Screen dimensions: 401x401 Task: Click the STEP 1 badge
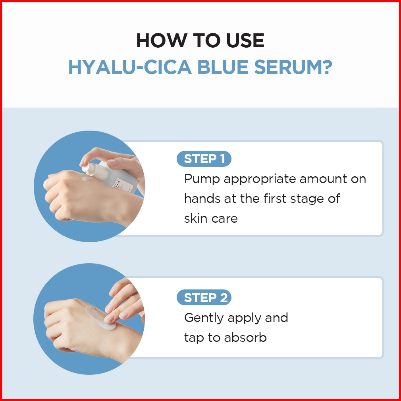pos(204,159)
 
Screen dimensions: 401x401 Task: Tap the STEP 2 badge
pos(204,297)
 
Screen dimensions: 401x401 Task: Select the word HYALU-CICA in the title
pos(130,67)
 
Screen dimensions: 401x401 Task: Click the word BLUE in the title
pos(223,67)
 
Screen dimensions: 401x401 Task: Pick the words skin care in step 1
pos(211,218)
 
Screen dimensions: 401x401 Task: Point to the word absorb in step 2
pos(245,337)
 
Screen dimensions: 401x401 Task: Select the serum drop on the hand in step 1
pos(87,178)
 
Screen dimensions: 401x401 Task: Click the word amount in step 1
pos(323,179)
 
